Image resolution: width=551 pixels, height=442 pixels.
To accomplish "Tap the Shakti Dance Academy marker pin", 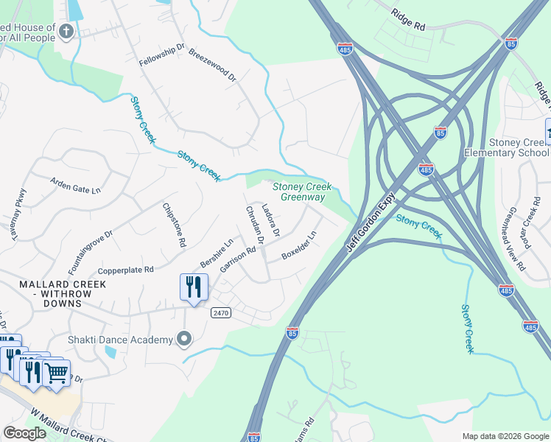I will click(185, 339).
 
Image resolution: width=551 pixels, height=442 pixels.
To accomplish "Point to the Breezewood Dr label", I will click(211, 66).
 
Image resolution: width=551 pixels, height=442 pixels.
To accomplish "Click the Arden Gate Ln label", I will click(74, 184).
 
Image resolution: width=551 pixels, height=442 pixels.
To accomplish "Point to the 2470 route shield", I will click(221, 313).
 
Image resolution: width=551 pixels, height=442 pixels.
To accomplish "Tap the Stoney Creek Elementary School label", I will click(506, 147).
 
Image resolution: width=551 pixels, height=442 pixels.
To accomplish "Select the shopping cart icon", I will click(56, 372).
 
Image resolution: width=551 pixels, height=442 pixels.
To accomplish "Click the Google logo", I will click(24, 433).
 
